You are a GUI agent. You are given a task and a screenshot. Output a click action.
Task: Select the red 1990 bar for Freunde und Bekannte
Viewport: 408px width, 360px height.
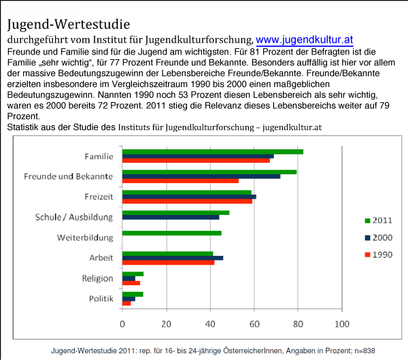[180, 181]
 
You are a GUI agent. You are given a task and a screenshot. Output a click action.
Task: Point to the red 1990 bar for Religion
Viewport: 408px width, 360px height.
[131, 282]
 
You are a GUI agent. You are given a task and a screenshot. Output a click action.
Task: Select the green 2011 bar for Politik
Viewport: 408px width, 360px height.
[132, 294]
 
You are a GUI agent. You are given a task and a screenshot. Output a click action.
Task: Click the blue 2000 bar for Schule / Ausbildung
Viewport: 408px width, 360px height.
[170, 217]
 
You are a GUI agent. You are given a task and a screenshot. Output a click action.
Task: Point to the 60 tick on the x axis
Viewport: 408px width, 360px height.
[254, 323]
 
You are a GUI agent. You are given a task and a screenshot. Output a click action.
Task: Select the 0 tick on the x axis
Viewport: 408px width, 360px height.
[122, 323]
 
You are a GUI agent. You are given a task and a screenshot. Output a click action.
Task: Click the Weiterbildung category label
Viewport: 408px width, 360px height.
[84, 238]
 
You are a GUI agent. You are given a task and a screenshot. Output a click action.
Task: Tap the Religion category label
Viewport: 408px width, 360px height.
[97, 278]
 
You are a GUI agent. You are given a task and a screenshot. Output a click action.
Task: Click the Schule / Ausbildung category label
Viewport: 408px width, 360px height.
[74, 217]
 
